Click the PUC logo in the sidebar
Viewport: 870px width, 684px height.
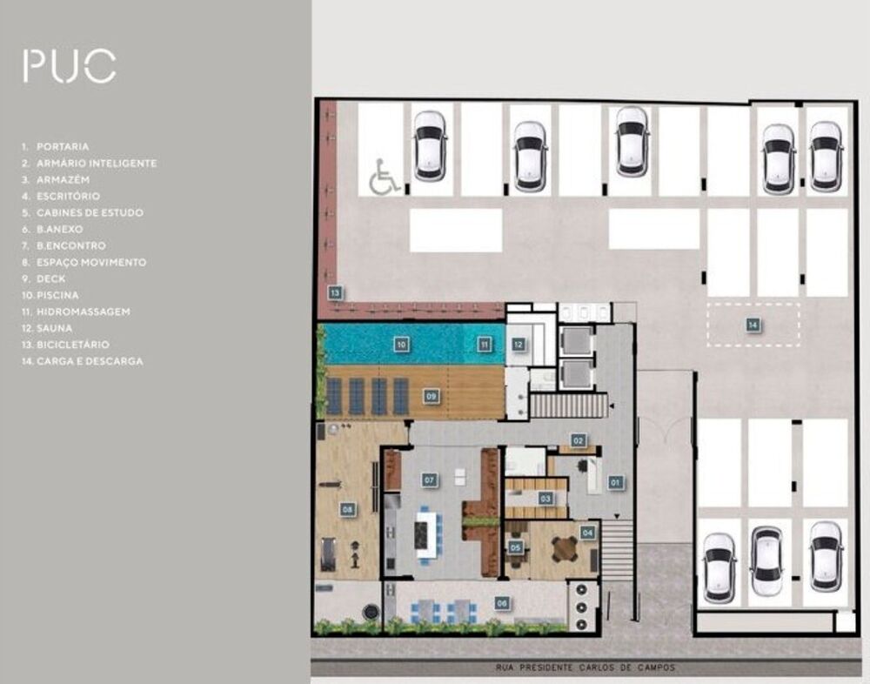click(x=70, y=66)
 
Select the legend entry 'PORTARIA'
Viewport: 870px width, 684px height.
click(x=62, y=147)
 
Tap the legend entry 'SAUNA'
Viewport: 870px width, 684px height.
click(x=54, y=328)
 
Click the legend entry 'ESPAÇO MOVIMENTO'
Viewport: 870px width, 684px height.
click(x=90, y=262)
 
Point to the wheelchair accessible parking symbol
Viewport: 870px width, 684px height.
click(x=384, y=177)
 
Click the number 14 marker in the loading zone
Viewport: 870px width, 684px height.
click(x=753, y=325)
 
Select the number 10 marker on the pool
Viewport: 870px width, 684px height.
click(x=401, y=345)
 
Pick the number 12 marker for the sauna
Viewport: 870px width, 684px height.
click(x=518, y=345)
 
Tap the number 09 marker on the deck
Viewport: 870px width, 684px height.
click(x=430, y=396)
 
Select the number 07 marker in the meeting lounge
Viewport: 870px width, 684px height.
click(x=429, y=479)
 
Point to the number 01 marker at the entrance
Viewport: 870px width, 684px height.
click(x=614, y=481)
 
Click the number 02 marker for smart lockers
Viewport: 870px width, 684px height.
click(x=578, y=441)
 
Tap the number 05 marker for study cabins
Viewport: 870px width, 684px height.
click(x=516, y=547)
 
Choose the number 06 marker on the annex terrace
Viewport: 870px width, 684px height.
click(x=502, y=602)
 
